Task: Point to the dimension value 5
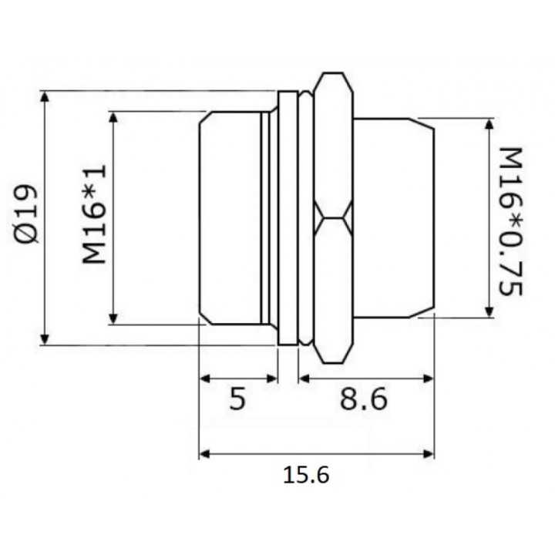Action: pos(238,399)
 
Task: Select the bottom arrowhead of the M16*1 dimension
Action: pos(113,319)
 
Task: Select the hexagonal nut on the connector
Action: pos(333,218)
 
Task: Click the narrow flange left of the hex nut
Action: pos(287,218)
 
